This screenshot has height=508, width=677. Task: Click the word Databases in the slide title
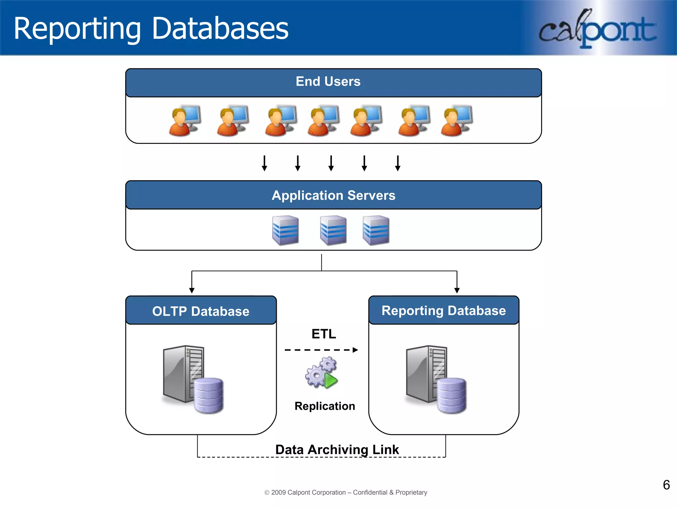220,29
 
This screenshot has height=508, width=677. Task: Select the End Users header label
328,82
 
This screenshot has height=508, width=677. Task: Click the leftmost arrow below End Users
264,163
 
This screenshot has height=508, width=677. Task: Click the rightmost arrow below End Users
398,163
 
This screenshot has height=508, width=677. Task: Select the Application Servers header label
333,195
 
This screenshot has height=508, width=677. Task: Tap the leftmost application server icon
285,230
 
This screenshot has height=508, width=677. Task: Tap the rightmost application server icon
376,230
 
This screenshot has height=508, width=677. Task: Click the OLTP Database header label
201,311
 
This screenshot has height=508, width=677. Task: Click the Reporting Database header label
444,311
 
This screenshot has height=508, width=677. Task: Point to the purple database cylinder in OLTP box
209,396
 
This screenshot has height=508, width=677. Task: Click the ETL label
324,334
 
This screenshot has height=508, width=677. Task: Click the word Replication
325,406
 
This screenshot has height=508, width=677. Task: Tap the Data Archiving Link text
337,449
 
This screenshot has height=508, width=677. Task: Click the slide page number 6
666,485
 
